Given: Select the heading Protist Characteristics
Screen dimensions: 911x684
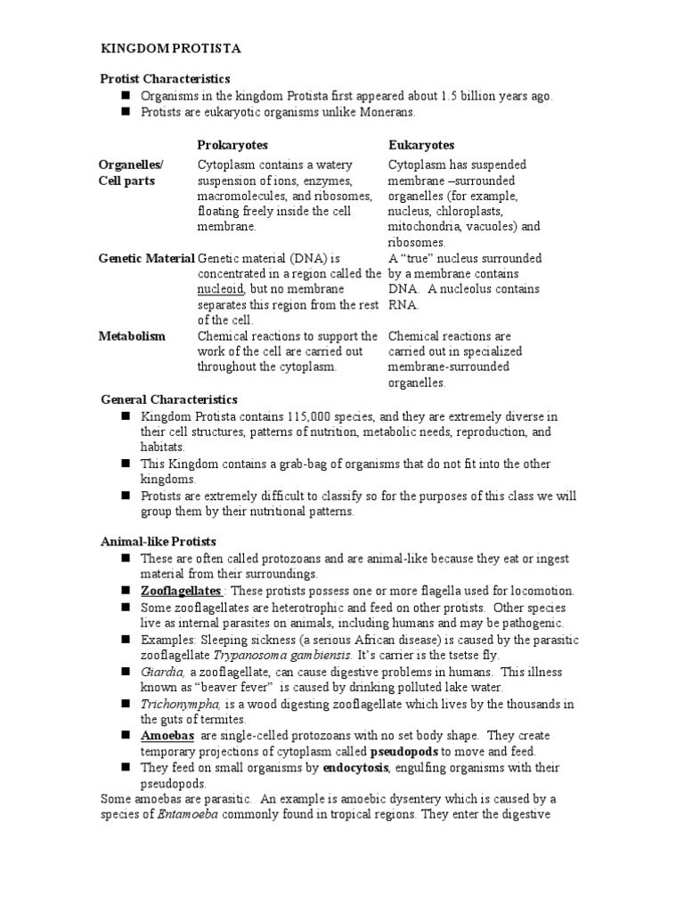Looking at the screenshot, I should tap(164, 79).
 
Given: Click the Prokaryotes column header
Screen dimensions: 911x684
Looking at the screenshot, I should tap(232, 144).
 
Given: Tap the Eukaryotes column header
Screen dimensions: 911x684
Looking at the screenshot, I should tap(421, 144).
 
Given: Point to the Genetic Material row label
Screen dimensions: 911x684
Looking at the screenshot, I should tap(146, 258).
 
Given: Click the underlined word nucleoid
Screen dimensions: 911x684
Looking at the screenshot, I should tap(220, 289).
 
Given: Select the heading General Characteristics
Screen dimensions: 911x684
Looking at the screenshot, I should tap(169, 399).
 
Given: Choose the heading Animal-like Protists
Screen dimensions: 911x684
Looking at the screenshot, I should tap(159, 541).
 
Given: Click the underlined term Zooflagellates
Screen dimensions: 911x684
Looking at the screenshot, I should tap(182, 591).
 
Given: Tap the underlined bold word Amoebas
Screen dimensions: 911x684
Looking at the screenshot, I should tap(167, 736).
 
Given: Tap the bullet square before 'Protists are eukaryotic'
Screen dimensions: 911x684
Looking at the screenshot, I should tap(126, 111).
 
